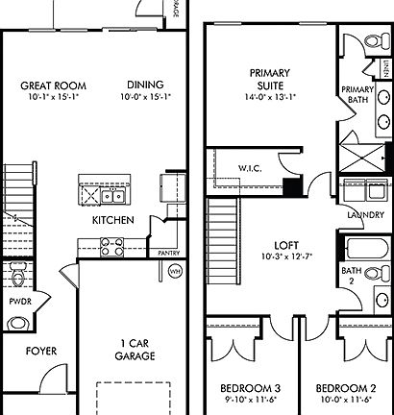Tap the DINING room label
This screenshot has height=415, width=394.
pos(141,85)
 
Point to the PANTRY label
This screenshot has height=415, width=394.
pos(144,254)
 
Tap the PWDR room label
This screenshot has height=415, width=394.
pos(20,301)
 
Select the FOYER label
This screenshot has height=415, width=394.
pos(39,351)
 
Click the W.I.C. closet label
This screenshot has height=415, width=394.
pos(251,168)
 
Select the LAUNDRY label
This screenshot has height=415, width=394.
pos(361,215)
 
